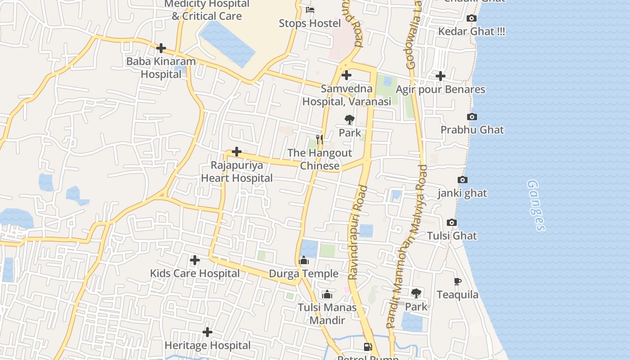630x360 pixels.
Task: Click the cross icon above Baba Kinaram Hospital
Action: pyautogui.click(x=161, y=48)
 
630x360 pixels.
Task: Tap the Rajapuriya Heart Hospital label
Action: pyautogui.click(x=237, y=171)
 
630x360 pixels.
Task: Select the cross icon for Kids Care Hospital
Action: pyautogui.click(x=194, y=260)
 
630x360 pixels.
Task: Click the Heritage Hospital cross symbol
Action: pyautogui.click(x=207, y=332)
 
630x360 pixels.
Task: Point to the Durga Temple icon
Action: pyautogui.click(x=304, y=261)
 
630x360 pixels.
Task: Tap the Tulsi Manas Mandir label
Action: pyautogui.click(x=327, y=314)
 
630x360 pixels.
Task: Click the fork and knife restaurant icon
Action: pyautogui.click(x=319, y=139)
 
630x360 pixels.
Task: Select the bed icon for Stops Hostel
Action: pyautogui.click(x=310, y=9)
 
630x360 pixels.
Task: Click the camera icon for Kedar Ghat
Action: pyautogui.click(x=471, y=18)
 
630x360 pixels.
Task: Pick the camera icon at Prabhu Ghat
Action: pyautogui.click(x=472, y=117)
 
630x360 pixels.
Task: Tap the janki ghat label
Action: pyautogui.click(x=462, y=193)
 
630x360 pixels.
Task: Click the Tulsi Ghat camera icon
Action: pyautogui.click(x=452, y=223)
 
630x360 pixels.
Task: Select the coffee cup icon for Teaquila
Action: pyautogui.click(x=457, y=282)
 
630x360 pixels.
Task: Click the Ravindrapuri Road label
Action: pyautogui.click(x=358, y=232)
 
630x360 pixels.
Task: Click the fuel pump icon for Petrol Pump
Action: pyautogui.click(x=368, y=346)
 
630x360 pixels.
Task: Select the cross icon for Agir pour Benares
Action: pyautogui.click(x=440, y=76)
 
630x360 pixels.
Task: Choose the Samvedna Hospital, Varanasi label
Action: pyautogui.click(x=346, y=95)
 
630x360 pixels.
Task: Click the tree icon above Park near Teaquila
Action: pyautogui.click(x=416, y=293)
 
